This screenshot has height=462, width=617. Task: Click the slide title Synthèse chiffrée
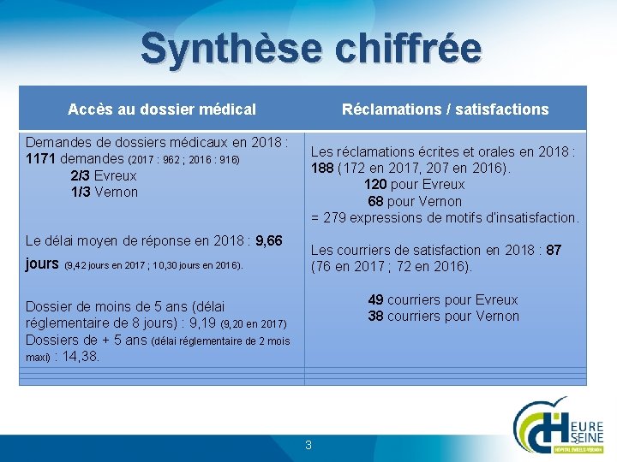310,48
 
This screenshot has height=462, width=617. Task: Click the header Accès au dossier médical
162,109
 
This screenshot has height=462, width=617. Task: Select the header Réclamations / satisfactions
445,109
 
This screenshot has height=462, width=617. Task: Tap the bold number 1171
41,159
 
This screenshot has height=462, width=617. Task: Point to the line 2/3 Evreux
104,175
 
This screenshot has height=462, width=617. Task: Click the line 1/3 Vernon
105,192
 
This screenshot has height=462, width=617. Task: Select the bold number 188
322,168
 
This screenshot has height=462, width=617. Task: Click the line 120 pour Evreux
414,184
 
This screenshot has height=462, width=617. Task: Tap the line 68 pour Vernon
415,201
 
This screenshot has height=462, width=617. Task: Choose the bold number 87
554,250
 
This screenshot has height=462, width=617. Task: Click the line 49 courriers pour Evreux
443,299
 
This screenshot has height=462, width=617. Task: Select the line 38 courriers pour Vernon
443,316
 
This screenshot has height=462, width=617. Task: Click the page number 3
308,445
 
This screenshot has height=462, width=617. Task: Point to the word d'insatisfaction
528,217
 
